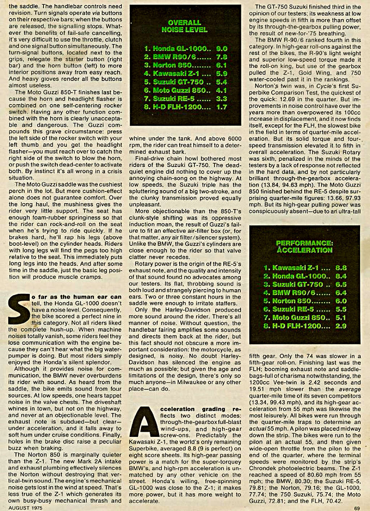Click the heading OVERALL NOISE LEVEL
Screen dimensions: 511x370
(184, 26)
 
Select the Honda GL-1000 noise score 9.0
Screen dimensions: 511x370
(221, 48)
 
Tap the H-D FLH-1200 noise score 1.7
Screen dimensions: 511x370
(221, 107)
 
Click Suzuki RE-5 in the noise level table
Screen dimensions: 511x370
(171, 99)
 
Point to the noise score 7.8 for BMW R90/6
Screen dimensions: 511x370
(221, 57)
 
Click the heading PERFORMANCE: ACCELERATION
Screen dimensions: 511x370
(304, 246)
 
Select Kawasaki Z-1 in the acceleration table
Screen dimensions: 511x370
(295, 268)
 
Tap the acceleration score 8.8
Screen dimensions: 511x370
(341, 268)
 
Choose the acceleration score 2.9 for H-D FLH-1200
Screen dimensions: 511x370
(341, 326)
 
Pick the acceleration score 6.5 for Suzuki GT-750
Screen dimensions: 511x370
(341, 284)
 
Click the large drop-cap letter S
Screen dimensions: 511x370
(18, 309)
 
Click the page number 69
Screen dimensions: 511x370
(357, 508)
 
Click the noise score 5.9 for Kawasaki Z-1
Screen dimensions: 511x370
(221, 73)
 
